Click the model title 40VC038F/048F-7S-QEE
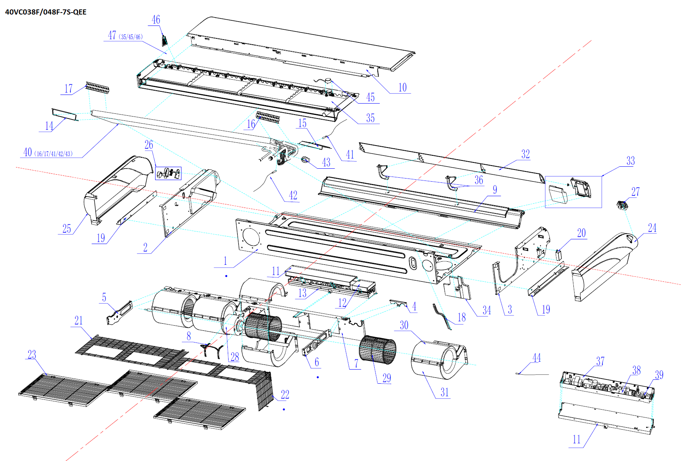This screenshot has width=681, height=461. (46, 12)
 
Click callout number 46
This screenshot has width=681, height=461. (156, 20)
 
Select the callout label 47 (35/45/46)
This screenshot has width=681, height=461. (125, 36)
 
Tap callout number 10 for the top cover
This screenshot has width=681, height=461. (403, 87)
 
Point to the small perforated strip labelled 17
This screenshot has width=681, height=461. (97, 88)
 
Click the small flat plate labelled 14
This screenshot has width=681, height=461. (64, 114)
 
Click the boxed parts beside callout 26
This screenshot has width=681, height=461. (168, 173)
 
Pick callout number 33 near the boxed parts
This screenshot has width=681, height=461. (630, 161)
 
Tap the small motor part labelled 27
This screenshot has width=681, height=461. (622, 205)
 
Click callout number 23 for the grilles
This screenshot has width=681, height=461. (32, 355)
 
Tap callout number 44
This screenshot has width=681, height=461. (536, 358)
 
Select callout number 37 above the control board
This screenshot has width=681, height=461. (600, 361)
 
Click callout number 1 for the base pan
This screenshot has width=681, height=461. (225, 261)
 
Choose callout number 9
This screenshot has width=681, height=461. (495, 190)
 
